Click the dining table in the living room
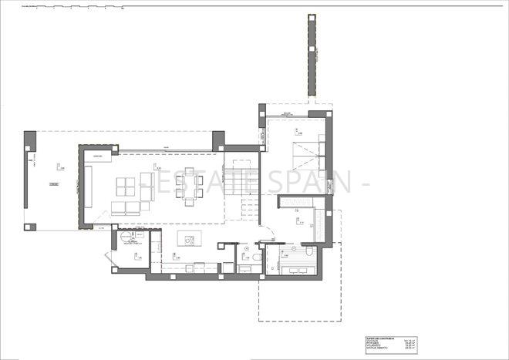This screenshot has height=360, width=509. pyautogui.click(x=189, y=188)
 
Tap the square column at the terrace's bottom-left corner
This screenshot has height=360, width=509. pyautogui.click(x=30, y=227)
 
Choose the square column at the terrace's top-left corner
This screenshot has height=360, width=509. pyautogui.click(x=30, y=140)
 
